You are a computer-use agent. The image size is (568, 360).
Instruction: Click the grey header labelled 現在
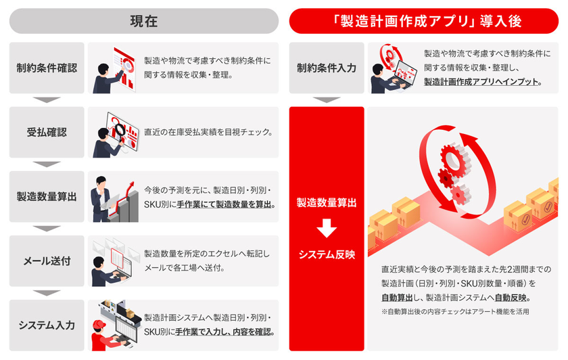pyautogui.click(x=143, y=21)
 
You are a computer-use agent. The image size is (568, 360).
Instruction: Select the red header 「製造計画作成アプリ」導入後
pyautogui.click(x=424, y=21)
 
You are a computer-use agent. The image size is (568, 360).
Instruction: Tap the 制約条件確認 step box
pyautogui.click(x=47, y=68)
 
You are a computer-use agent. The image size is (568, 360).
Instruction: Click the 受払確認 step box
pyautogui.click(x=47, y=132)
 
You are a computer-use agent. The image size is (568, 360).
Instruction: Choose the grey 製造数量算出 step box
pyautogui.click(x=47, y=196)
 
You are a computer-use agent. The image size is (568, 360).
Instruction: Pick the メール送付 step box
pyautogui.click(x=47, y=261)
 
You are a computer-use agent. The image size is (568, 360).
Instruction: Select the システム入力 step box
pyautogui.click(x=47, y=325)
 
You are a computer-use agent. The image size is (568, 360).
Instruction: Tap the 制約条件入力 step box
pyautogui.click(x=327, y=68)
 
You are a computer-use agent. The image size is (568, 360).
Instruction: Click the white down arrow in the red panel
pyautogui.click(x=327, y=229)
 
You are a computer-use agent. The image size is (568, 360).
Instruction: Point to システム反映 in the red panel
pyautogui.click(x=327, y=255)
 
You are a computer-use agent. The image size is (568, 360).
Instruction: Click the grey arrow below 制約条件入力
pyautogui.click(x=327, y=99)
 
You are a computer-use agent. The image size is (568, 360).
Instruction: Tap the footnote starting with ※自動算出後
pyautogui.click(x=454, y=312)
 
